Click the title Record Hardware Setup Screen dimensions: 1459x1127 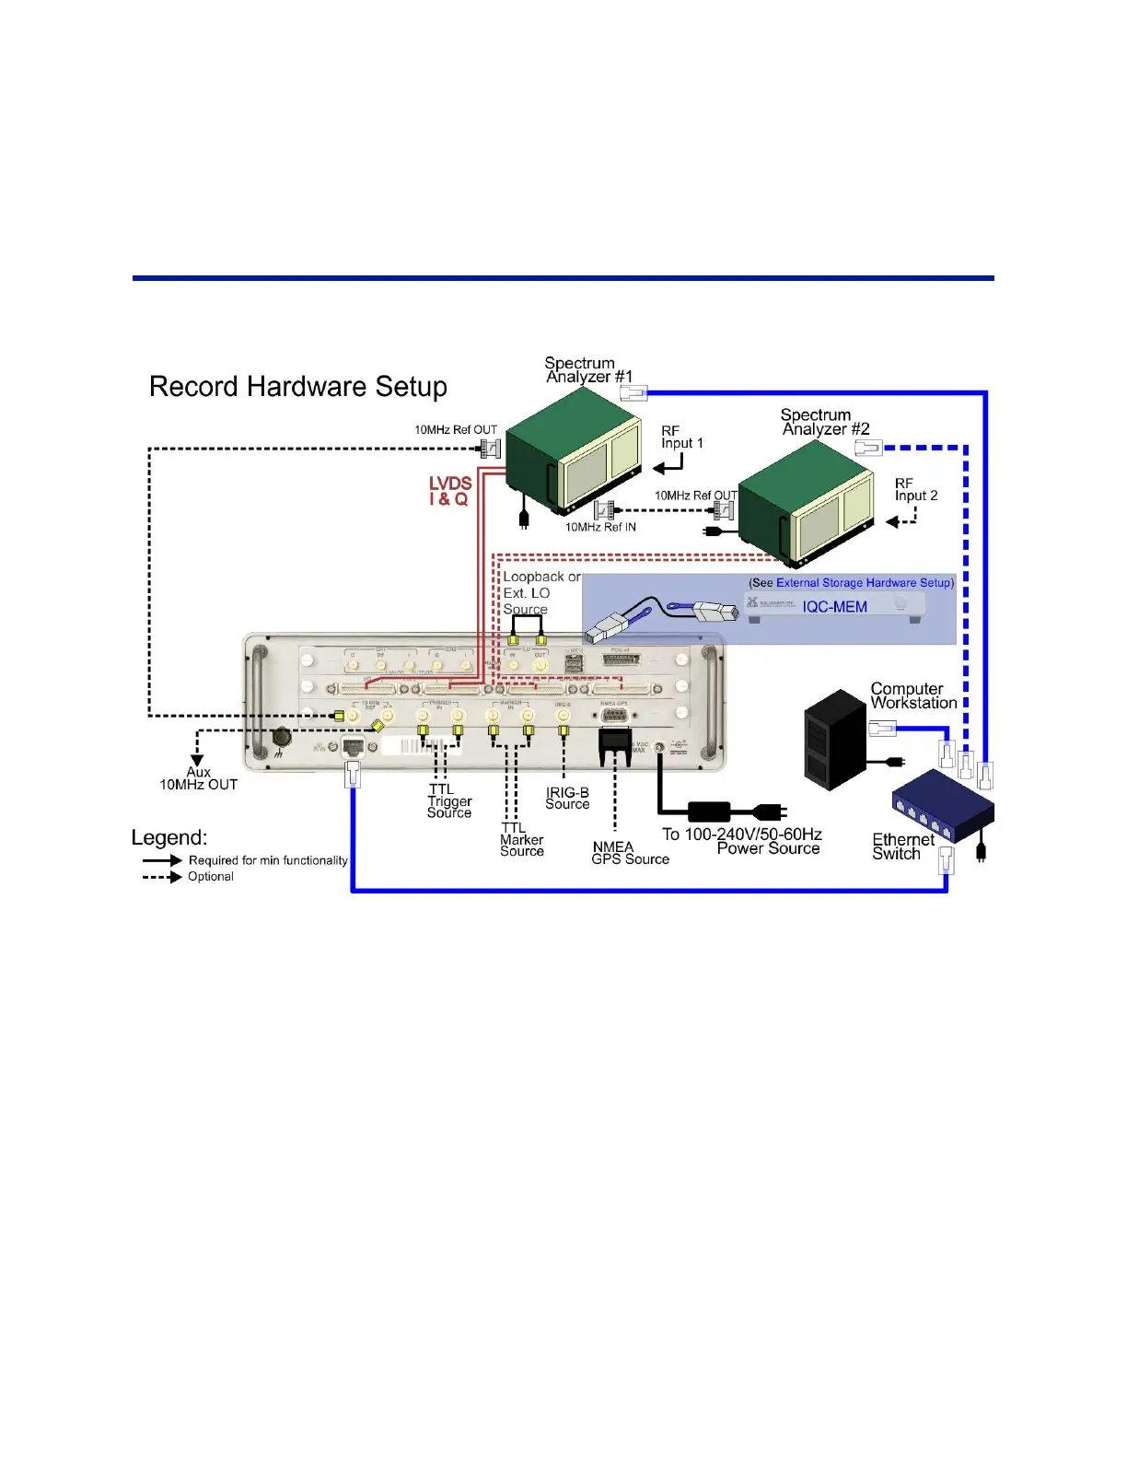[297, 387]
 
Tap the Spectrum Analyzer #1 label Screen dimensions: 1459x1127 [587, 369]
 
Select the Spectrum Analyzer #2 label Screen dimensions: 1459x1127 [824, 422]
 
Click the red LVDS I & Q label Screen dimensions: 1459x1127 [449, 491]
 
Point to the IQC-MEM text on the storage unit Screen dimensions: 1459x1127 [834, 607]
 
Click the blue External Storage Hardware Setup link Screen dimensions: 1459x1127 [863, 583]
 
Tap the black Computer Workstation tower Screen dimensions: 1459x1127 [834, 740]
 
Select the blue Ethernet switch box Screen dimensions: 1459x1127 [942, 806]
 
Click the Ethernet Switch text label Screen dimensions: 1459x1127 [901, 846]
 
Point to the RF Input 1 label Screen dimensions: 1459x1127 [681, 437]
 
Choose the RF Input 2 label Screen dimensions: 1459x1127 [915, 489]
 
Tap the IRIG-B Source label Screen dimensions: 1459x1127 [567, 798]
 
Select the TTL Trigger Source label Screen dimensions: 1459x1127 [448, 801]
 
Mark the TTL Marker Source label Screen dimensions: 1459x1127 [521, 840]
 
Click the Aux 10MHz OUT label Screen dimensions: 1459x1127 [199, 778]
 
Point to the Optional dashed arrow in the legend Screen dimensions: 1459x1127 [162, 877]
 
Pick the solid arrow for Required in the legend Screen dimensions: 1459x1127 [162, 860]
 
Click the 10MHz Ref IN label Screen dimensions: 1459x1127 [600, 527]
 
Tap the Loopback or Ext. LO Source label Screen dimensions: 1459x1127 [540, 592]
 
